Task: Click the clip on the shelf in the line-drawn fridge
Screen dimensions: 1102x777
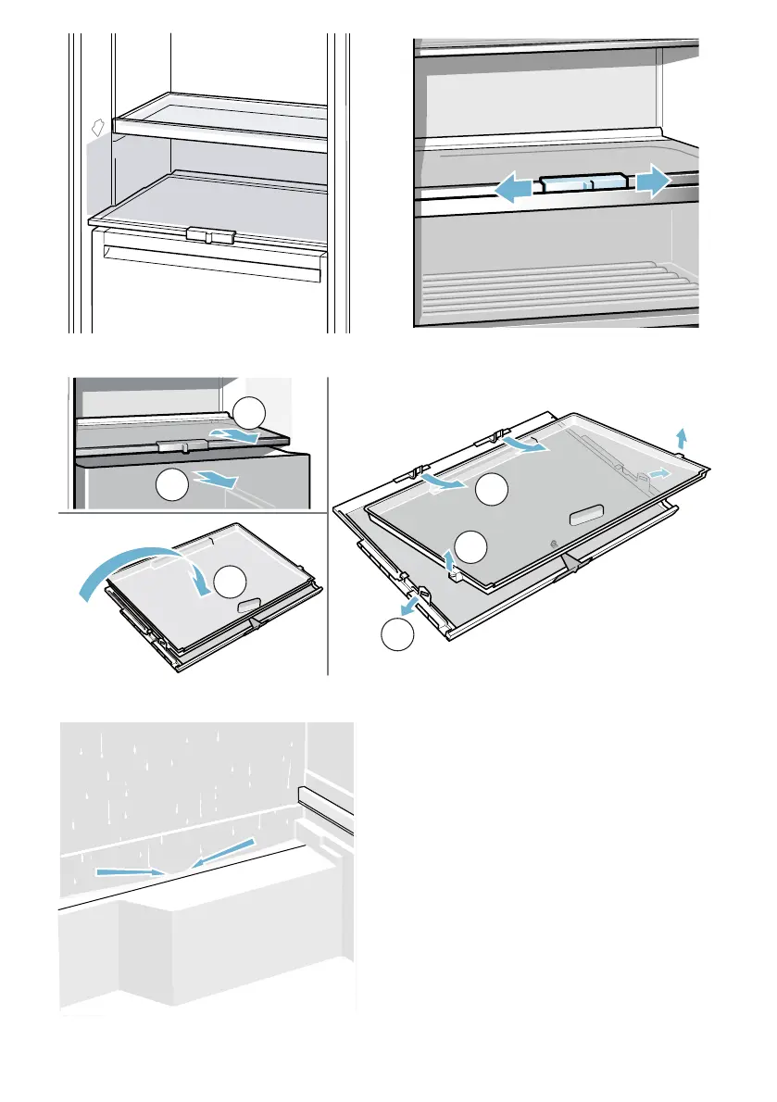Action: coord(210,235)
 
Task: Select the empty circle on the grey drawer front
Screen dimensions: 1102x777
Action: coord(169,484)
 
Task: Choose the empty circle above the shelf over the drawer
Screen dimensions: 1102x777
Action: coord(248,414)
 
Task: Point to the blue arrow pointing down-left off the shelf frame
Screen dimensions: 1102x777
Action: coord(406,605)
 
